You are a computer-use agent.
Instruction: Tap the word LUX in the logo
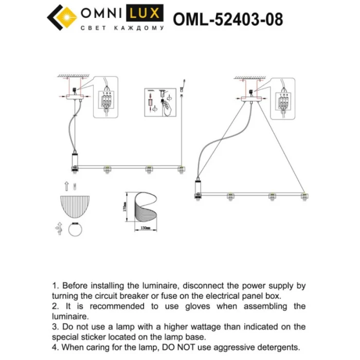coord(149,12)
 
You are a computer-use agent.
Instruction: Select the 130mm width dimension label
coord(145,227)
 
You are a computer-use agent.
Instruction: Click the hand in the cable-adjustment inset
coord(166,107)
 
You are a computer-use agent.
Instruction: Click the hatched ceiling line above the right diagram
coord(252,78)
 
